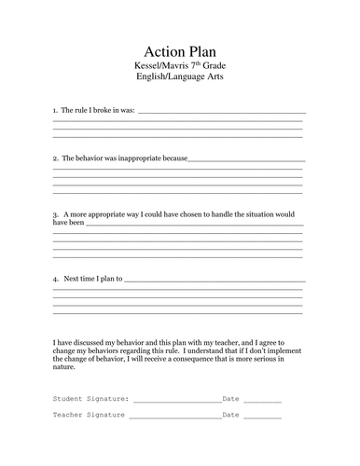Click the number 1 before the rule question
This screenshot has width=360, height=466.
pyautogui.click(x=55, y=111)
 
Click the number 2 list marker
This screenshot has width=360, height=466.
pyautogui.click(x=55, y=158)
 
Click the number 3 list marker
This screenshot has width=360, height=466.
pyautogui.click(x=55, y=214)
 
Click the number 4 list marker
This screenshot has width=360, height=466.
pyautogui.click(x=55, y=280)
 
